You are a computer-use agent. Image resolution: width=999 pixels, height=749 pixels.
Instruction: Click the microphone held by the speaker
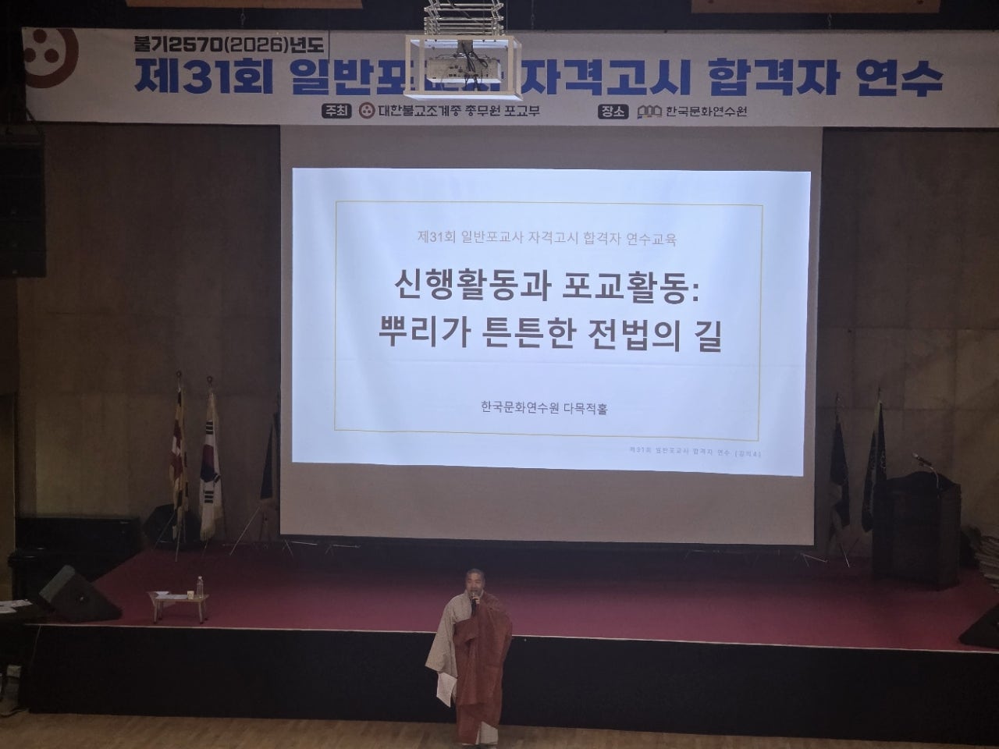[474, 600]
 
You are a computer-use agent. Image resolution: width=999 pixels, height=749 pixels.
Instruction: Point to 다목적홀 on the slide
[585, 407]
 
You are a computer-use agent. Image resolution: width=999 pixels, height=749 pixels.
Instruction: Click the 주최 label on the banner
[337, 111]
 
